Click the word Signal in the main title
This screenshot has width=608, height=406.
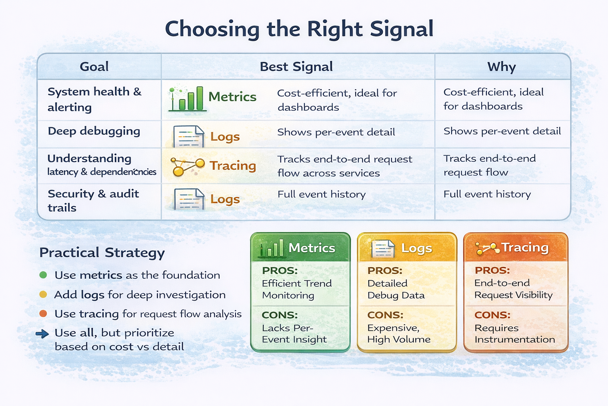pyautogui.click(x=401, y=29)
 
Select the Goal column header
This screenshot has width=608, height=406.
pyautogui.click(x=94, y=67)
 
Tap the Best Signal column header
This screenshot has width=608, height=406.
pyautogui.click(x=296, y=67)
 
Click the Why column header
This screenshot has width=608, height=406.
pyautogui.click(x=502, y=67)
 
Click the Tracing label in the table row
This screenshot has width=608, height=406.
pyautogui.click(x=233, y=165)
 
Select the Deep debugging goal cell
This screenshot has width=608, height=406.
pyautogui.click(x=94, y=131)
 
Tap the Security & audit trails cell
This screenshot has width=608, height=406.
pyautogui.click(x=93, y=201)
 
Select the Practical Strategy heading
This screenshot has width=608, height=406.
pyautogui.click(x=102, y=253)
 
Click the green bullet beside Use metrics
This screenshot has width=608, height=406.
pyautogui.click(x=43, y=275)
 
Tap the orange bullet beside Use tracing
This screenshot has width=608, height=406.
pyautogui.click(x=43, y=314)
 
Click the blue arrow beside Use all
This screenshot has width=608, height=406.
pyautogui.click(x=42, y=334)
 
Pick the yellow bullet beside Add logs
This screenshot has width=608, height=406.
pyautogui.click(x=43, y=295)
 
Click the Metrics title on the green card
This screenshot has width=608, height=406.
pyautogui.click(x=312, y=248)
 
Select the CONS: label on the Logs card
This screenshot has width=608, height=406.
pyautogui.click(x=385, y=315)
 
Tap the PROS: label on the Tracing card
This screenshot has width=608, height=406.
pyautogui.click(x=492, y=270)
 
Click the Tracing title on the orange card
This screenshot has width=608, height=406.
pyautogui.click(x=525, y=247)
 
